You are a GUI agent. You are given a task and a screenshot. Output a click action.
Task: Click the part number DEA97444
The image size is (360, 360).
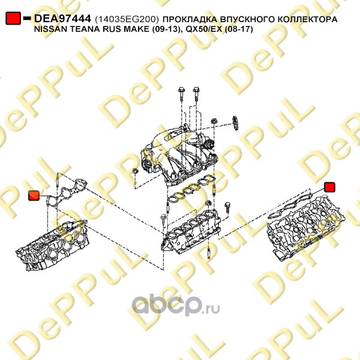62,19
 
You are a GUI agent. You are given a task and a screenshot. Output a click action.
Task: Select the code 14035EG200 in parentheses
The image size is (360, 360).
127,20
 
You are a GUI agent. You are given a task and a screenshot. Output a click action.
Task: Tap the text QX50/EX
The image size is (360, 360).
203,29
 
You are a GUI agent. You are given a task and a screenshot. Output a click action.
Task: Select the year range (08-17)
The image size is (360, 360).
238,29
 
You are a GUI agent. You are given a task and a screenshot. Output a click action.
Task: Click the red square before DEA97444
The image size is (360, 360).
13,18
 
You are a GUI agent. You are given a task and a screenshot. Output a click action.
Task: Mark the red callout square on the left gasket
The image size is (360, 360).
34,196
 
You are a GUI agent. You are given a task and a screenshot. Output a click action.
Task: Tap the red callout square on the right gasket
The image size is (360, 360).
329,187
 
